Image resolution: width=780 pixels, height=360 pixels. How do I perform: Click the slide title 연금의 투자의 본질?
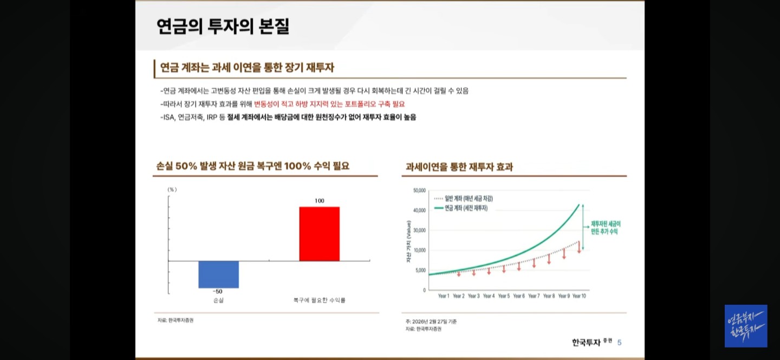pyautogui.click(x=223, y=27)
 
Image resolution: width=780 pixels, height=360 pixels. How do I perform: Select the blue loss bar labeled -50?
pyautogui.click(x=218, y=274)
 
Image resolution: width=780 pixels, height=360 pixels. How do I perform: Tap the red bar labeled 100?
pyautogui.click(x=319, y=233)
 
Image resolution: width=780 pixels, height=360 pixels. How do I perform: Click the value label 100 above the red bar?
pyautogui.click(x=319, y=201)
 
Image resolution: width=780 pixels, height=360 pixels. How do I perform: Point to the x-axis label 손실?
pyautogui.click(x=218, y=300)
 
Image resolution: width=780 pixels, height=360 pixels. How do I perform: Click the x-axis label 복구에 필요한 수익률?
pyautogui.click(x=319, y=300)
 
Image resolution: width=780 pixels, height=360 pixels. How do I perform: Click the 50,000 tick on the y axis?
pyautogui.click(x=419, y=191)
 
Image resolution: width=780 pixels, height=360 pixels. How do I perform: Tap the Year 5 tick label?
pyautogui.click(x=503, y=296)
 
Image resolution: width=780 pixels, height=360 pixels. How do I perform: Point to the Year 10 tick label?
pyautogui.click(x=578, y=296)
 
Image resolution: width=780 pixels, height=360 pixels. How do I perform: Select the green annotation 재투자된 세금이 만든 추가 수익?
pyautogui.click(x=605, y=227)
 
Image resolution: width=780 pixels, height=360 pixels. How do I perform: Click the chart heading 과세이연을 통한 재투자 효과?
pyautogui.click(x=459, y=167)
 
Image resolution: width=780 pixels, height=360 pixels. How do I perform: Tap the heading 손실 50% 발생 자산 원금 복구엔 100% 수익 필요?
pyautogui.click(x=252, y=166)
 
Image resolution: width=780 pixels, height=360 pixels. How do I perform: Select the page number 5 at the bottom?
pyautogui.click(x=619, y=342)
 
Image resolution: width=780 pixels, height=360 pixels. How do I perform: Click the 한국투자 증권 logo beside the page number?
pyautogui.click(x=591, y=342)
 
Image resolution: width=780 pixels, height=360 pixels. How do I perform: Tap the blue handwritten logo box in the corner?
pyautogui.click(x=745, y=326)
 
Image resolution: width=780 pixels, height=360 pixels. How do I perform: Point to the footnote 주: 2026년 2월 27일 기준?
pyautogui.click(x=431, y=322)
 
